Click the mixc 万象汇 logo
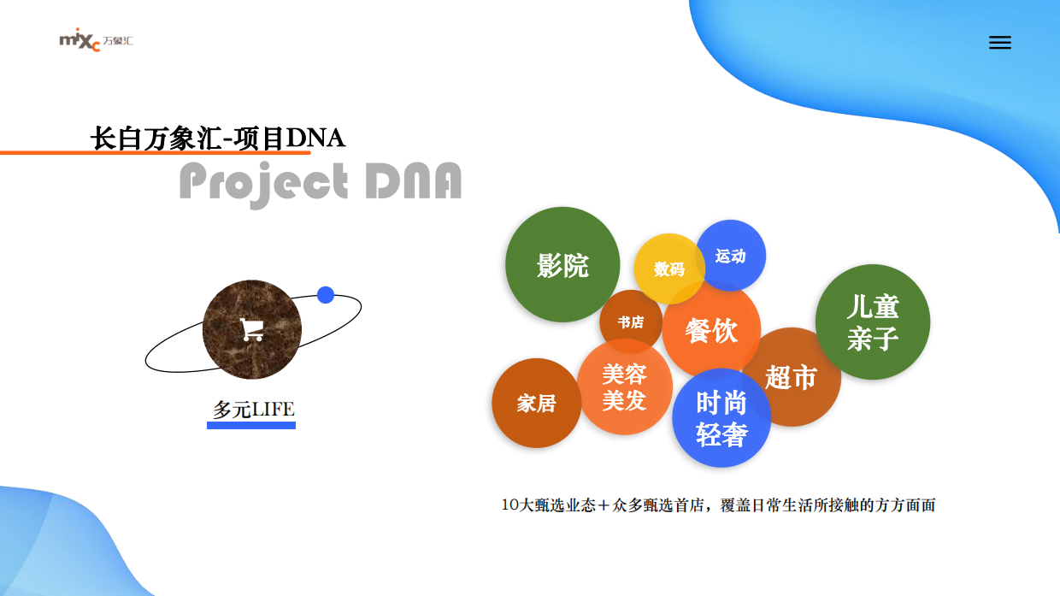96,41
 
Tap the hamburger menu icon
999,43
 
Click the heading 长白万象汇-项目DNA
217,138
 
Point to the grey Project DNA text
321,182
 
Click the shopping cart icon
251,329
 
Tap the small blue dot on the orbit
325,295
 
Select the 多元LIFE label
253,410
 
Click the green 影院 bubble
562,265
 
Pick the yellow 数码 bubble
668,268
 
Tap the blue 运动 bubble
731,256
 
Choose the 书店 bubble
630,322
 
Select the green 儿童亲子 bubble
873,322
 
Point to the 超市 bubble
792,377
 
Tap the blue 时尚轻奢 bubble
721,418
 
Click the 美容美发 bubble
624,387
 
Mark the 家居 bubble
536,403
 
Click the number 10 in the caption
510,505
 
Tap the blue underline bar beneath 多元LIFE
251,425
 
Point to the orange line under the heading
128,153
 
